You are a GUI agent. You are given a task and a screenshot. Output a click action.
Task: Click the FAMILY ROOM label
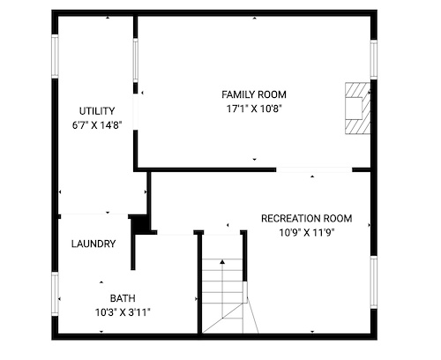click(x=254, y=94)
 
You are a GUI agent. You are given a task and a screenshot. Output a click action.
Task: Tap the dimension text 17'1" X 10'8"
click(x=254, y=109)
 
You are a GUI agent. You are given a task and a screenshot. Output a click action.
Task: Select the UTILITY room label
click(x=97, y=111)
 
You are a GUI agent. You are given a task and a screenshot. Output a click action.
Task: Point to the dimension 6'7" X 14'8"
click(x=97, y=125)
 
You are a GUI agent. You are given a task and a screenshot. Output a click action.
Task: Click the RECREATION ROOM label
click(x=307, y=219)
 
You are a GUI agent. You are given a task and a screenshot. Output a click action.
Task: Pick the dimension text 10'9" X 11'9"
click(x=307, y=233)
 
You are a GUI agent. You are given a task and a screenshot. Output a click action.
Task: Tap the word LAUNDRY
click(x=93, y=244)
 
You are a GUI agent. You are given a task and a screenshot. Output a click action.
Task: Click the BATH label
click(x=123, y=298)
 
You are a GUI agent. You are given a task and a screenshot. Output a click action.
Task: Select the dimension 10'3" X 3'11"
click(x=123, y=312)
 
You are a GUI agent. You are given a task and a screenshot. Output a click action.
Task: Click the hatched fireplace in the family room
click(x=357, y=109)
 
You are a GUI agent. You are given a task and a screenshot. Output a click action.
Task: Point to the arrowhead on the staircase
click(x=222, y=261)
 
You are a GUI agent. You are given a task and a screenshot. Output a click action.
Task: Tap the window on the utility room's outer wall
click(x=55, y=56)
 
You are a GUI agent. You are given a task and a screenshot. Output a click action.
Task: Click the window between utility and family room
click(x=136, y=60)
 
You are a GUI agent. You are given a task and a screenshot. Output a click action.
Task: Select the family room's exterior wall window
click(x=373, y=60)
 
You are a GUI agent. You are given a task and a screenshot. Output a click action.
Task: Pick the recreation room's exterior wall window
click(x=373, y=282)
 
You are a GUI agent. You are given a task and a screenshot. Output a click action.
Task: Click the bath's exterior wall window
click(x=55, y=294)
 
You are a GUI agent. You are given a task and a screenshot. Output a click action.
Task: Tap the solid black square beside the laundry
click(x=141, y=224)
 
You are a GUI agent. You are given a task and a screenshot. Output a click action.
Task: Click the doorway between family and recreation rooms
click(x=314, y=169)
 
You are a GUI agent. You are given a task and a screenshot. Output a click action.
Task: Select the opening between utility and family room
click(x=136, y=112)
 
